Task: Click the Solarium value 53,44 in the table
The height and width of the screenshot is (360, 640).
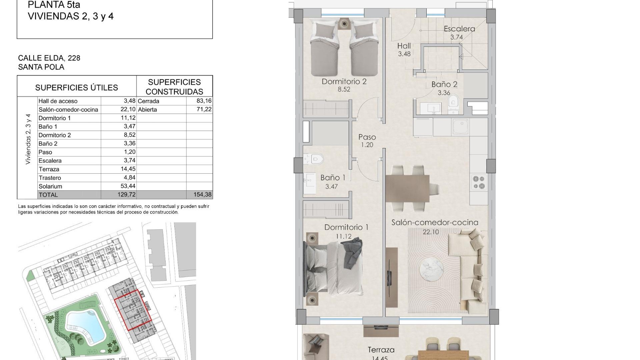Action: (128, 186)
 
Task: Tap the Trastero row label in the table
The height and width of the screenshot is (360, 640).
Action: (50, 178)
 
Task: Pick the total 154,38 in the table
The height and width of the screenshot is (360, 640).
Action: (203, 195)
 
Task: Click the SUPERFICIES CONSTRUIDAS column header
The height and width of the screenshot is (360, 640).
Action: (174, 87)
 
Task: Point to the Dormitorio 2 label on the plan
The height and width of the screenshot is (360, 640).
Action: (344, 82)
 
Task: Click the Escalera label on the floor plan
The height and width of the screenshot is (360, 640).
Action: (459, 29)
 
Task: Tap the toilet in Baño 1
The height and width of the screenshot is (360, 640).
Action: (315, 159)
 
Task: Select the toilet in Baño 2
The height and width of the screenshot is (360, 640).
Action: (453, 101)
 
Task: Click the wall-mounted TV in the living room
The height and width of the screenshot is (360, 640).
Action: (389, 277)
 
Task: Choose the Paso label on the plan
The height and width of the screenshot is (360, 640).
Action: (367, 137)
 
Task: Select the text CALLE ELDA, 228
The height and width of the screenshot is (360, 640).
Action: (49, 58)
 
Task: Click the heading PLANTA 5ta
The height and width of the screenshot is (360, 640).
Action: (54, 5)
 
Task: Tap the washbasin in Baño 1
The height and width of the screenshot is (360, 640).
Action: (310, 183)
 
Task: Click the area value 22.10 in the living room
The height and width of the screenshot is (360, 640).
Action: (431, 232)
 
